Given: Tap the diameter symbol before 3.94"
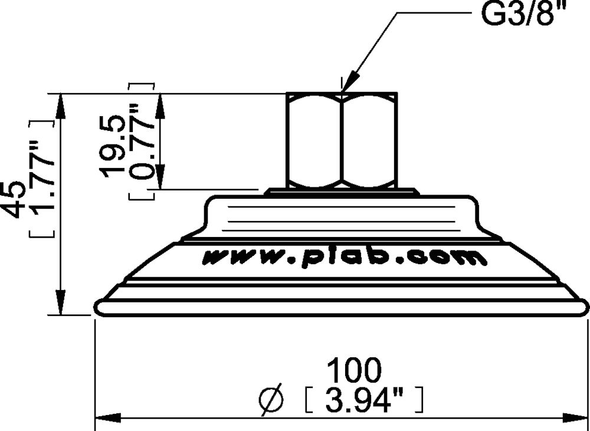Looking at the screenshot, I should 271,401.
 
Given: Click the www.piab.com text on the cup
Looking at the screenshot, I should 345,258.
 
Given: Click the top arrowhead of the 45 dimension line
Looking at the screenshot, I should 60,103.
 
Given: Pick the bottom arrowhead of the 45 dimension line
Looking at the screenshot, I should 60,304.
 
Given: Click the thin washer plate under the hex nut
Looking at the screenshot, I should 342,191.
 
